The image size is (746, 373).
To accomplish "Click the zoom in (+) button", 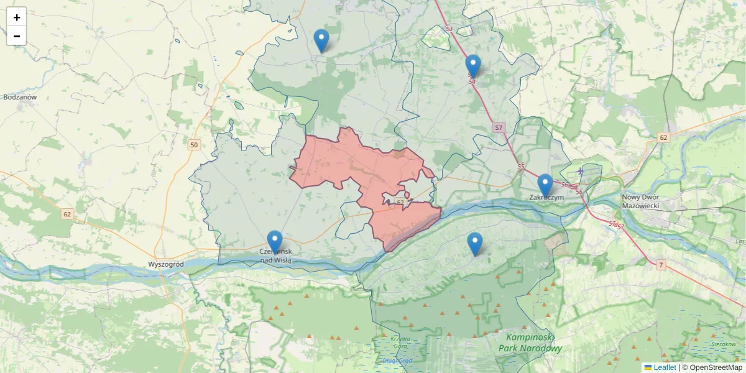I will coord(17,17).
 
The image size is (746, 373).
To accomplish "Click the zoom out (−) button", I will coord(17,36).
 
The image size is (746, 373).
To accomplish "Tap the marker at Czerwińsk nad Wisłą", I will coord(275,242).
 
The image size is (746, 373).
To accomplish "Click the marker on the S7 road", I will coord(473,66).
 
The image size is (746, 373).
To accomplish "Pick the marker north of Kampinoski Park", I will coord(475,244).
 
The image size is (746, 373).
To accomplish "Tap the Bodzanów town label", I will coord(21,98).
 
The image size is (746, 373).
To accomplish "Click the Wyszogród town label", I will coord(166,264).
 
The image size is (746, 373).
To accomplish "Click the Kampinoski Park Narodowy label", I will coord(530,343).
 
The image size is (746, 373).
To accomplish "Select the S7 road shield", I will coord(499,127).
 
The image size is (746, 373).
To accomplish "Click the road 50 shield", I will coord(195,145).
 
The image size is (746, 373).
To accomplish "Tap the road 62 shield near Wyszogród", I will coord(67,214).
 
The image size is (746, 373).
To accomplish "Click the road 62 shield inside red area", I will coord(400,203).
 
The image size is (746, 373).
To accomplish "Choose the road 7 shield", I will coord(661,265).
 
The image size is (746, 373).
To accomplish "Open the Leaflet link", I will coord(664,367).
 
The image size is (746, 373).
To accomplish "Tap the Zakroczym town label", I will coord(546,198).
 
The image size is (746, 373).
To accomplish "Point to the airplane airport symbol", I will coord(581,170).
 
